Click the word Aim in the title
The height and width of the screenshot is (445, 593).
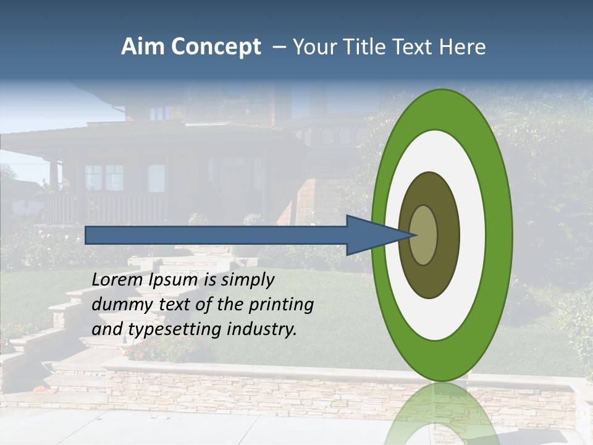(143, 47)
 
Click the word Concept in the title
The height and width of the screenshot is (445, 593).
(215, 48)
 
